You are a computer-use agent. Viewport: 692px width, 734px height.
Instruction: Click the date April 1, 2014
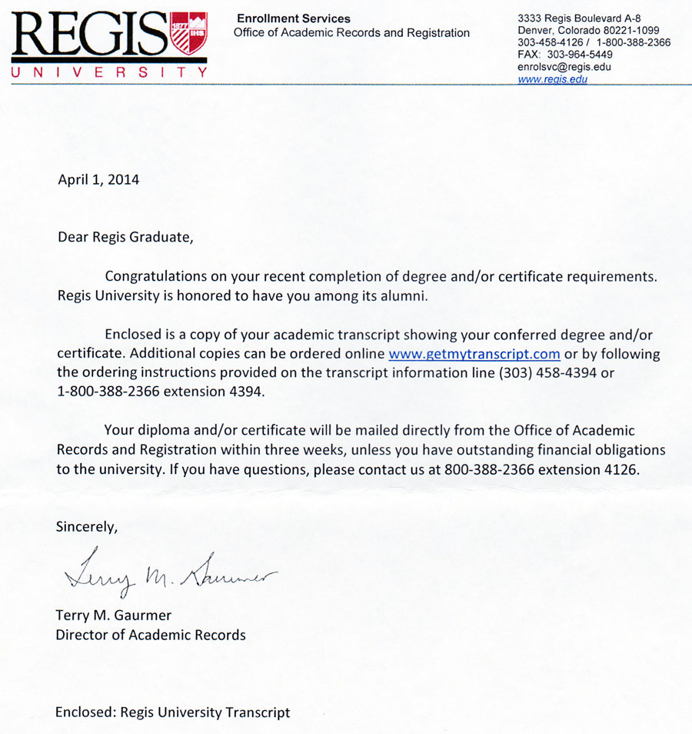click(x=98, y=180)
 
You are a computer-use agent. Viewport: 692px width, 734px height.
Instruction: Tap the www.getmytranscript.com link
click(x=474, y=355)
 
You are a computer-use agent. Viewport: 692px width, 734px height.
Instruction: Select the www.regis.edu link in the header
click(x=553, y=79)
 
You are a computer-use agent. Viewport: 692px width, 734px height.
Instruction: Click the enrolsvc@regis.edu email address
click(x=564, y=67)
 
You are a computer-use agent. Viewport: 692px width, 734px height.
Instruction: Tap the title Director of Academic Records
click(x=151, y=635)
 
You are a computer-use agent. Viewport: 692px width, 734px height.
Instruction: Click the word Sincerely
click(x=87, y=527)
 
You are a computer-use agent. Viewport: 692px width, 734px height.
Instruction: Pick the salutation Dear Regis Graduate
click(x=126, y=237)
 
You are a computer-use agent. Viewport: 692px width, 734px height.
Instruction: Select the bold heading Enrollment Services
click(x=293, y=18)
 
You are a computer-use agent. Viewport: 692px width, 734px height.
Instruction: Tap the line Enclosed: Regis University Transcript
click(x=172, y=712)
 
